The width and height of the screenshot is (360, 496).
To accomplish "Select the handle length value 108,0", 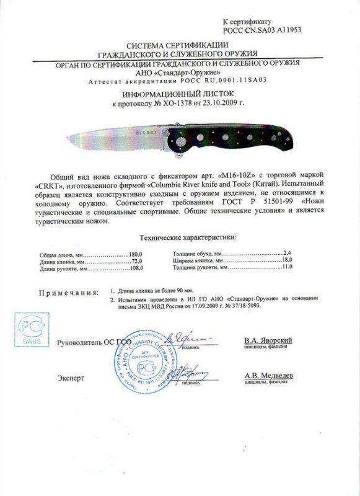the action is point(136,269).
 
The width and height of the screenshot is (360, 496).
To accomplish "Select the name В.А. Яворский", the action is point(267,341).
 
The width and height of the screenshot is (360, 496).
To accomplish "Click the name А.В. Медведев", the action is point(268,376).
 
